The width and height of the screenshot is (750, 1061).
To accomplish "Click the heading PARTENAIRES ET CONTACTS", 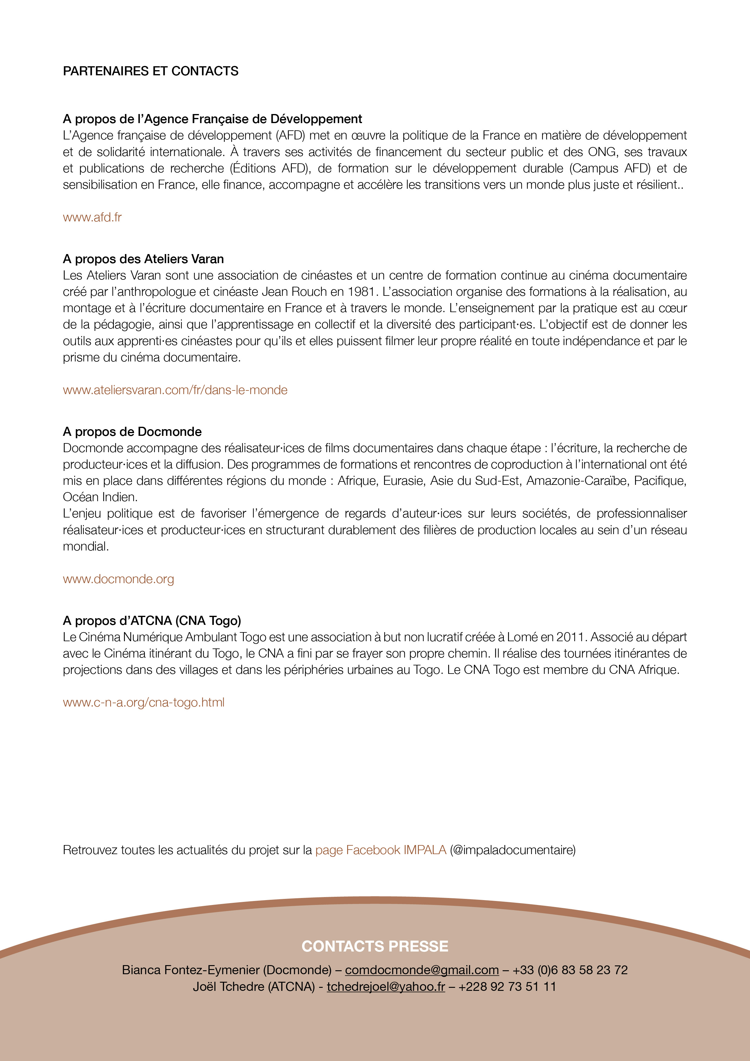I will click(x=151, y=71).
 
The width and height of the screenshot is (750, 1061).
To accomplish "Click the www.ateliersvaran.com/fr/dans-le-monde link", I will click(x=175, y=390).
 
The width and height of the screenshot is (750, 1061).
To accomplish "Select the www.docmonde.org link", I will click(x=118, y=579).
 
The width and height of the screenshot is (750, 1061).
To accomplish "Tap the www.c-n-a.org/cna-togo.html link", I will click(x=144, y=702).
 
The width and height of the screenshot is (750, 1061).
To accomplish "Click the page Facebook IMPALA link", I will click(x=381, y=850).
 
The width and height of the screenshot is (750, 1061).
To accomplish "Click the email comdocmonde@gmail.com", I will click(x=422, y=970).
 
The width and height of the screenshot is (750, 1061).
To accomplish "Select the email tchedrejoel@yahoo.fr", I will click(x=386, y=987).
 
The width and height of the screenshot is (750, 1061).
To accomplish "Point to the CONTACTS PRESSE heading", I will click(x=375, y=946).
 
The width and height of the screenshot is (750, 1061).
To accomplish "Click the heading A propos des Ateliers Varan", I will click(x=143, y=259).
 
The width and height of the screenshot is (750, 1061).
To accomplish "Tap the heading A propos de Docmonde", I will click(x=132, y=432).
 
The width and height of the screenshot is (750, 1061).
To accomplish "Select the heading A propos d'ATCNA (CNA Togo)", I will click(x=152, y=621).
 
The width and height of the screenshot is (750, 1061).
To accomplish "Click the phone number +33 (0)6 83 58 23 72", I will click(x=570, y=970).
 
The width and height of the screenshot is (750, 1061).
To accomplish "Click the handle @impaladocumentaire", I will click(x=513, y=850).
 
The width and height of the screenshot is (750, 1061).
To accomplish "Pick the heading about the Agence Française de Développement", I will click(x=213, y=119).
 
